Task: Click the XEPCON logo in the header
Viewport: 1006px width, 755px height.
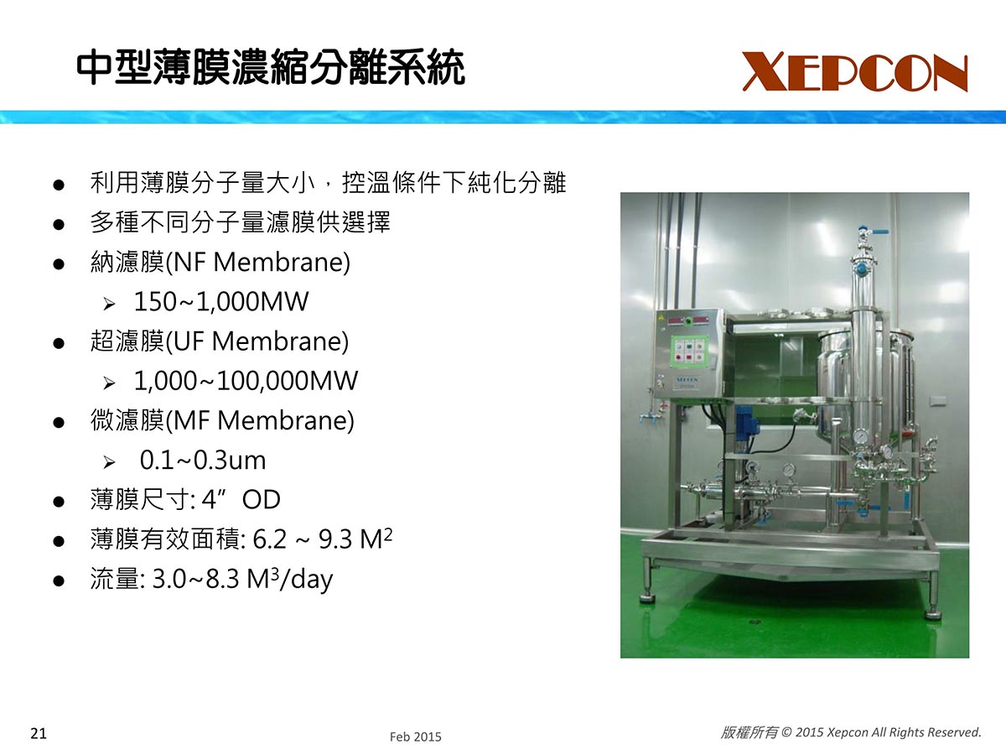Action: pos(855,72)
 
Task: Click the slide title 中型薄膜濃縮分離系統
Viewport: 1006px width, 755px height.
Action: pos(271,68)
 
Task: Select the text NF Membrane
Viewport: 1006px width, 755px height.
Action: pos(258,263)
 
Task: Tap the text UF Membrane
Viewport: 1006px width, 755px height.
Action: pos(257,341)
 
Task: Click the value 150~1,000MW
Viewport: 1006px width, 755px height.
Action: pos(221,302)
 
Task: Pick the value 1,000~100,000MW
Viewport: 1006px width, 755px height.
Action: pos(246,381)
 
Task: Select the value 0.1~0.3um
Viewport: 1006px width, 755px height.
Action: pos(203,461)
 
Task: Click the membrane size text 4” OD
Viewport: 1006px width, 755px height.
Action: pos(241,499)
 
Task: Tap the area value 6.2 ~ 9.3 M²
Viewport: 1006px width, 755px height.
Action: pos(323,539)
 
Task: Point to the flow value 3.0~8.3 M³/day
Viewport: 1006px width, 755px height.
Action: pos(242,579)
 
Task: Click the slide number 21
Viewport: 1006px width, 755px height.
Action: pos(39,734)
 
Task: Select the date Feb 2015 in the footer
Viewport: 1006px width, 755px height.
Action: pos(415,737)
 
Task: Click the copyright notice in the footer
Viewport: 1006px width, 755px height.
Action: pos(851,732)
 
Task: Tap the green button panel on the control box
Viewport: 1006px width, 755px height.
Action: pos(687,351)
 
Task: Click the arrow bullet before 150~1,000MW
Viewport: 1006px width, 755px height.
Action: pos(109,304)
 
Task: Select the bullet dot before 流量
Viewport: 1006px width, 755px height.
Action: pos(58,581)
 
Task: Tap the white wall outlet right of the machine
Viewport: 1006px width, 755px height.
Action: pos(936,402)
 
